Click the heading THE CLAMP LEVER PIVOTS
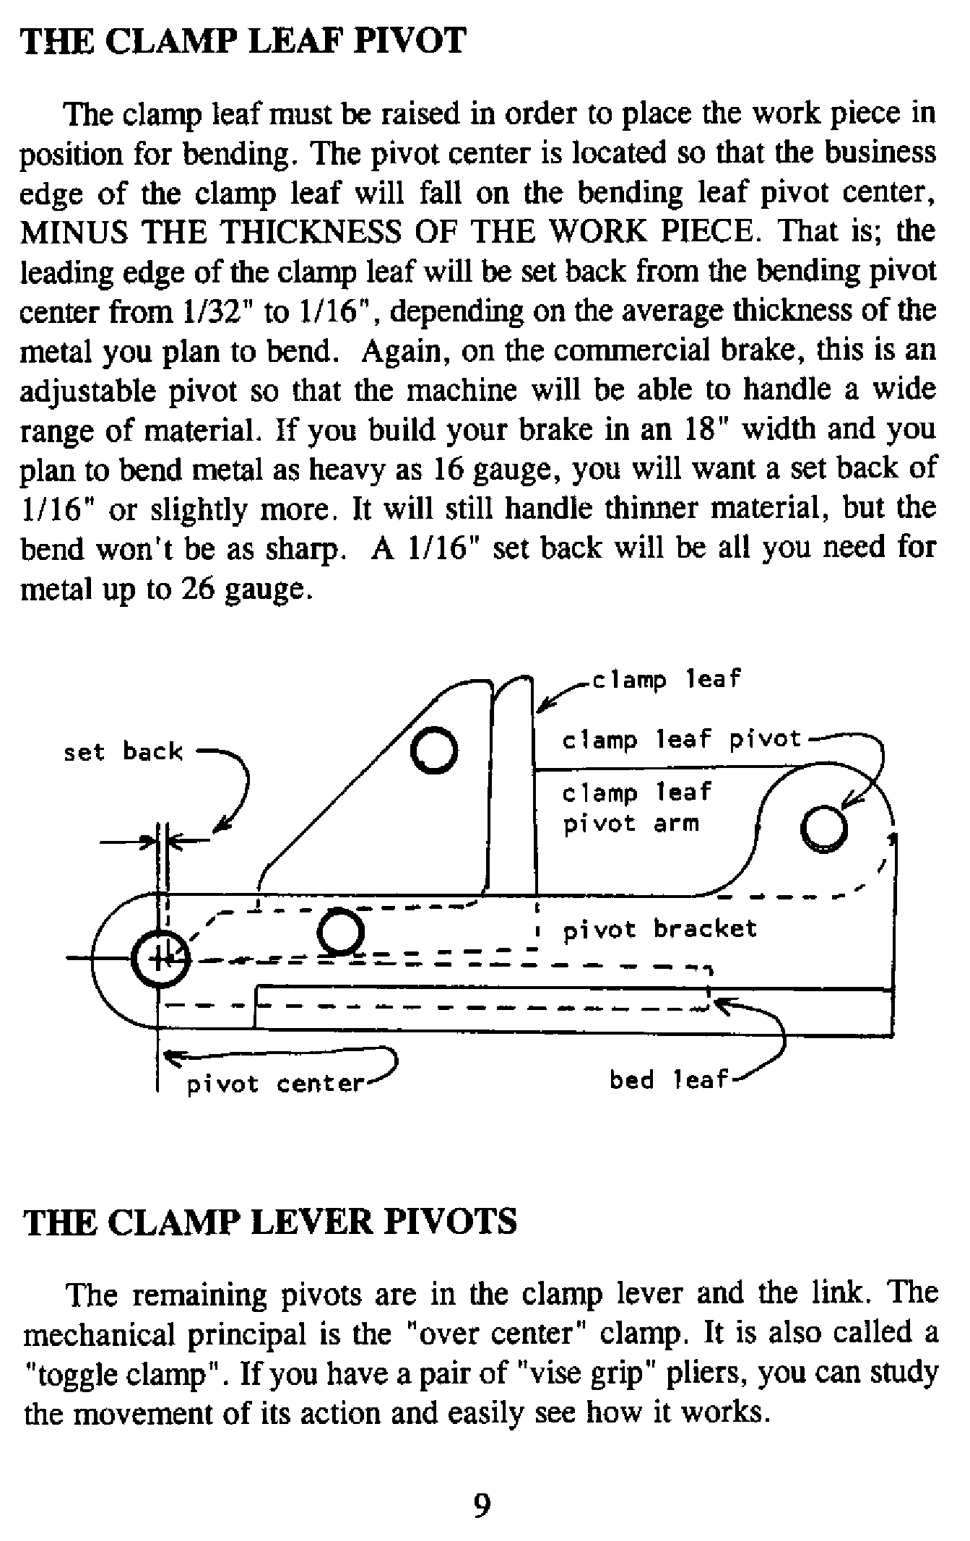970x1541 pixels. coord(270,1222)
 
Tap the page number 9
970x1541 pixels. coord(482,1506)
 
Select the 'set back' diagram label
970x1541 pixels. coord(123,752)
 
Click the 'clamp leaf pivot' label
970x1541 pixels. coord(681,740)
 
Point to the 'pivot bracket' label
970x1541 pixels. coord(659,929)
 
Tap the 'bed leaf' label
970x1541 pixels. coord(668,1080)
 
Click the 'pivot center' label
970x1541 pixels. coord(274,1084)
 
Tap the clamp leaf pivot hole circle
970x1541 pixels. coord(823,827)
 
